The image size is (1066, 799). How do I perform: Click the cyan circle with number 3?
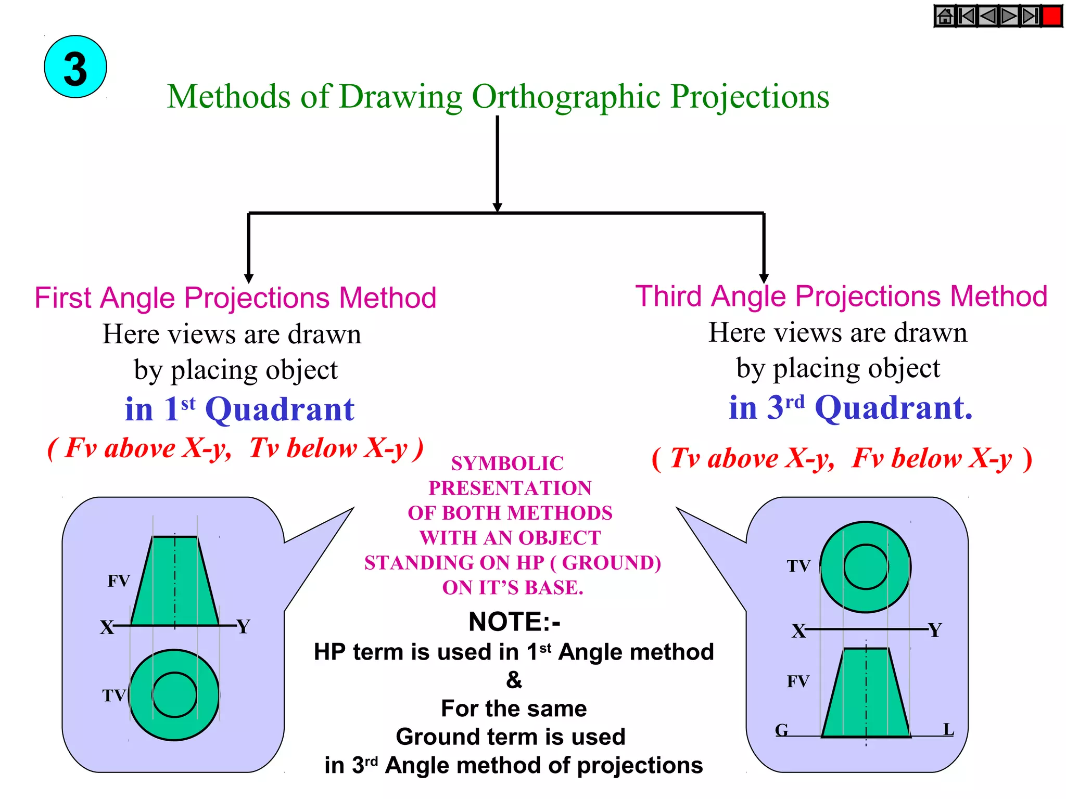click(75, 67)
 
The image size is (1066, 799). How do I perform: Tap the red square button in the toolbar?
click(1051, 16)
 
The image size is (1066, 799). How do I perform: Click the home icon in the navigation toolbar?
click(945, 16)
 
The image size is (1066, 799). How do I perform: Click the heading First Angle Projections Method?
click(235, 298)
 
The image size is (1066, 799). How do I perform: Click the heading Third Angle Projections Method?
click(841, 297)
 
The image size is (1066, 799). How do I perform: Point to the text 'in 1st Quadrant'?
click(239, 409)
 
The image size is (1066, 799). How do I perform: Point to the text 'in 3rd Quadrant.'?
click(851, 407)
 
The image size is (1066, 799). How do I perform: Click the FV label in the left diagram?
click(119, 581)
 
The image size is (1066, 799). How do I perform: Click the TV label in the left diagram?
click(114, 695)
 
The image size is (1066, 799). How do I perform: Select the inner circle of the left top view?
click(175, 695)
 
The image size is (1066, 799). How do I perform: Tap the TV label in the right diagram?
click(798, 566)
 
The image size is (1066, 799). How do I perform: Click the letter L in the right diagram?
click(949, 729)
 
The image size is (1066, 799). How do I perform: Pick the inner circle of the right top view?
click(866, 567)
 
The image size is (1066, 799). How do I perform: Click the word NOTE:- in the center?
click(514, 622)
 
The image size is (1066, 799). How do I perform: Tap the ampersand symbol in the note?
click(514, 680)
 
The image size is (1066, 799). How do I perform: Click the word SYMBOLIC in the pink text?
click(507, 463)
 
